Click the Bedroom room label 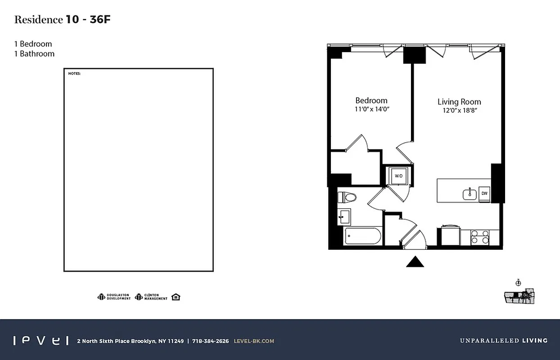371,100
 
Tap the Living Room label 459,102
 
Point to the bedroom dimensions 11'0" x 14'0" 371,109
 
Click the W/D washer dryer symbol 398,176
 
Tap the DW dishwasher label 484,193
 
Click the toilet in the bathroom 347,197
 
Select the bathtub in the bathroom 363,236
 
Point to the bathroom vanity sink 344,217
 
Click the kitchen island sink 470,194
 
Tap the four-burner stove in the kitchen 480,237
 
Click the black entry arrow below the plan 415,262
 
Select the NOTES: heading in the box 74,73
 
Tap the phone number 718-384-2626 210,341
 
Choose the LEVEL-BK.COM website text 254,341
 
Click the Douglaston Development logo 114,297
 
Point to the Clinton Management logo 151,297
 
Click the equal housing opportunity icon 176,297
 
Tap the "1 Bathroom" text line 34,54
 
